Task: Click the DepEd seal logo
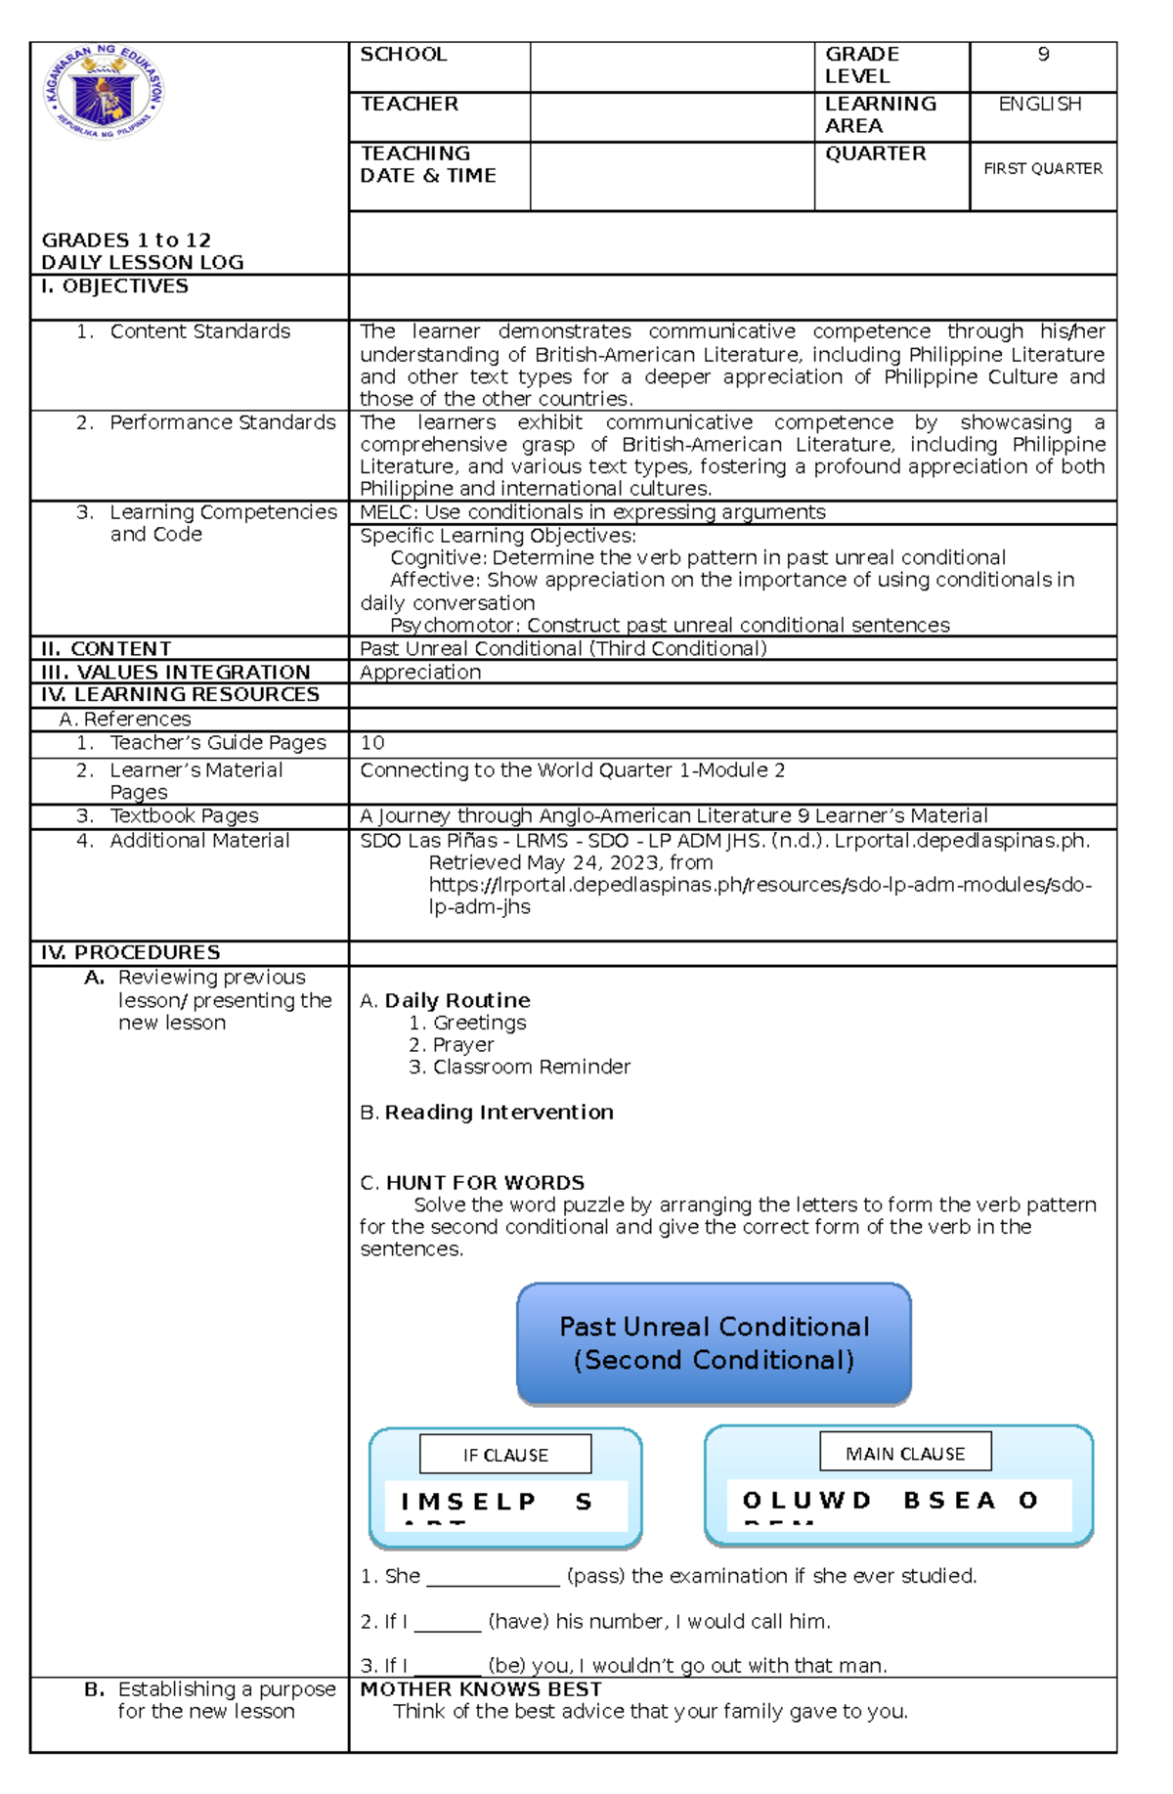pos(105,92)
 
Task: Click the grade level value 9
pos(1043,55)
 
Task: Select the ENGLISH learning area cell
pos(1039,105)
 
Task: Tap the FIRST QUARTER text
pos(1042,169)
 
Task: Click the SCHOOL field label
pos(403,55)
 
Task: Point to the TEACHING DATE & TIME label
pos(427,164)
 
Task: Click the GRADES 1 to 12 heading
pos(126,241)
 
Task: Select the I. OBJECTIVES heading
pos(114,286)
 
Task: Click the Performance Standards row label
pos(222,422)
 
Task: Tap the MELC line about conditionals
pos(592,512)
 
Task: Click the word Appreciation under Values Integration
pos(420,673)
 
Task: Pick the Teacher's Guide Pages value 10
pos(372,743)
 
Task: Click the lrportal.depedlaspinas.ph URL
pos(760,885)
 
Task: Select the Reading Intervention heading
pos(499,1113)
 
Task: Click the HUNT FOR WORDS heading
pos(485,1183)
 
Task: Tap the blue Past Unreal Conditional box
pos(714,1343)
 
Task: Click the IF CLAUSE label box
pos(505,1455)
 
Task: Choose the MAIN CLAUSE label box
pos(904,1454)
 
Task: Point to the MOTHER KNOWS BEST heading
pos(481,1689)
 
